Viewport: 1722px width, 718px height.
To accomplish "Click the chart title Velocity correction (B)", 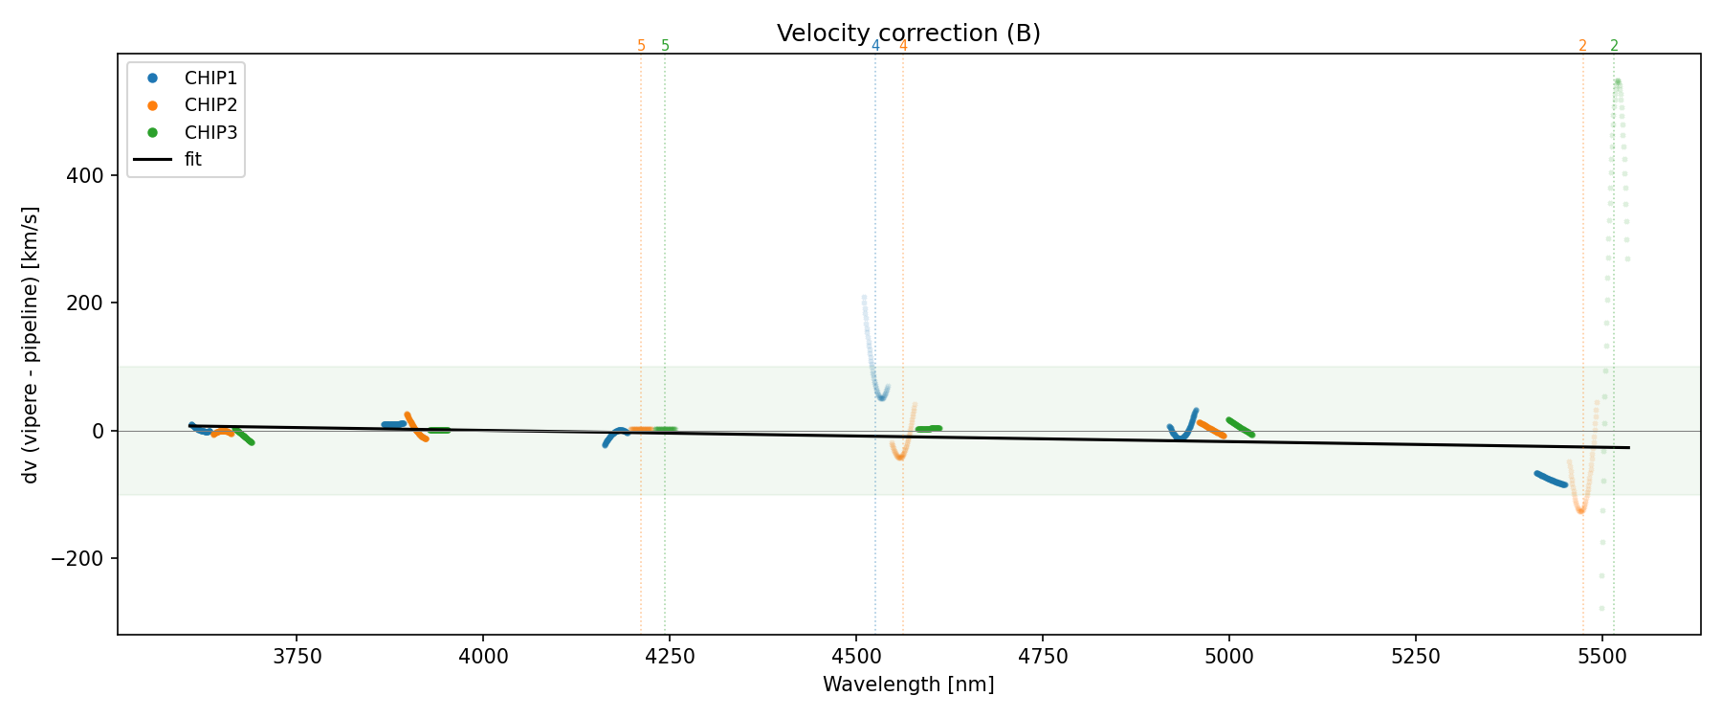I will point(908,34).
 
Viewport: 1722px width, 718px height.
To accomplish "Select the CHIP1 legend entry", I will point(210,79).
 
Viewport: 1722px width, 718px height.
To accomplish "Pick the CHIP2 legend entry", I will point(210,105).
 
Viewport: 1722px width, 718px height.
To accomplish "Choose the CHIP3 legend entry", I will point(210,132).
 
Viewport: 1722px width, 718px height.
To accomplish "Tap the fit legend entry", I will point(193,159).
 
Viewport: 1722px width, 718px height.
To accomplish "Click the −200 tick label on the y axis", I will point(77,559).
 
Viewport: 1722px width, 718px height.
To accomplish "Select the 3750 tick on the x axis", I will point(297,657).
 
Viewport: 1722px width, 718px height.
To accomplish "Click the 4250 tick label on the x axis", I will point(670,657).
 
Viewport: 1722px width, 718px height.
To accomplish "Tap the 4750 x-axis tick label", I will point(1043,657).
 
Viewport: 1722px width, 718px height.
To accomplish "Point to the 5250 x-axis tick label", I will point(1415,657).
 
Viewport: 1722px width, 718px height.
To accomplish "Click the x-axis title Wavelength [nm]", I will point(908,684).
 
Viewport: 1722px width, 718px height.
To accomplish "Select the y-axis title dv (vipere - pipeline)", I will point(31,345).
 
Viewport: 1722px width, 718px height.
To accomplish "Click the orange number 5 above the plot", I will point(641,46).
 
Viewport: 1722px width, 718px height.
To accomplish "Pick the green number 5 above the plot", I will point(666,46).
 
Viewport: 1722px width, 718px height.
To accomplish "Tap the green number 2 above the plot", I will point(1614,46).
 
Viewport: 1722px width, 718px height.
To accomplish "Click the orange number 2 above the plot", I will point(1582,46).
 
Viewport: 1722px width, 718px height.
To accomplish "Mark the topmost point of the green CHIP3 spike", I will point(1617,81).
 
